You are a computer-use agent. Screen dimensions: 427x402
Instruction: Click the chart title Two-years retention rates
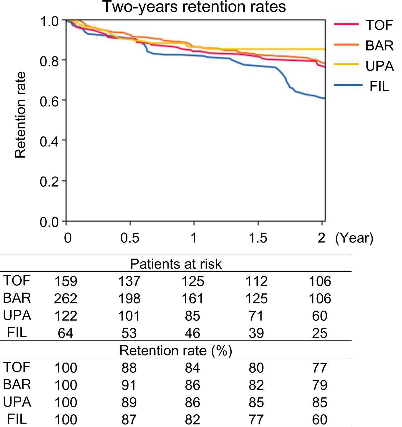coord(194,7)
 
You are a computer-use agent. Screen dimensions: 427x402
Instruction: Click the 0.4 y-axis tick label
coord(49,141)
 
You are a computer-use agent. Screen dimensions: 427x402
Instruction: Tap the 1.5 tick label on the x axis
coord(258,238)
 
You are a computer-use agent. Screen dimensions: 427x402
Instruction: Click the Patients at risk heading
coord(176,264)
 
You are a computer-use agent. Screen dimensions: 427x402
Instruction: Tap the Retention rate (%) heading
coord(176,351)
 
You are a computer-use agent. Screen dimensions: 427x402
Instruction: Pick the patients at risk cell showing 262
coord(65,298)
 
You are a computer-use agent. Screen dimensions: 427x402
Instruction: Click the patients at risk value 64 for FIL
coord(65,333)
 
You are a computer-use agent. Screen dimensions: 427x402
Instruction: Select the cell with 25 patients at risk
coord(319,333)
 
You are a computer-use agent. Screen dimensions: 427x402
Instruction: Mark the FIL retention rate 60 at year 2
coord(319,419)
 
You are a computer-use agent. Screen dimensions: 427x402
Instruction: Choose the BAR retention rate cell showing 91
coord(129,385)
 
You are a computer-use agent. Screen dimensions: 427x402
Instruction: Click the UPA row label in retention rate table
coord(17,402)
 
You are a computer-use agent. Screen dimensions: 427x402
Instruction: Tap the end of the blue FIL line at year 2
coord(324,98)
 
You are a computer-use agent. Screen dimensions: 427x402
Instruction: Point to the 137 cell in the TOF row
coord(129,281)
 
